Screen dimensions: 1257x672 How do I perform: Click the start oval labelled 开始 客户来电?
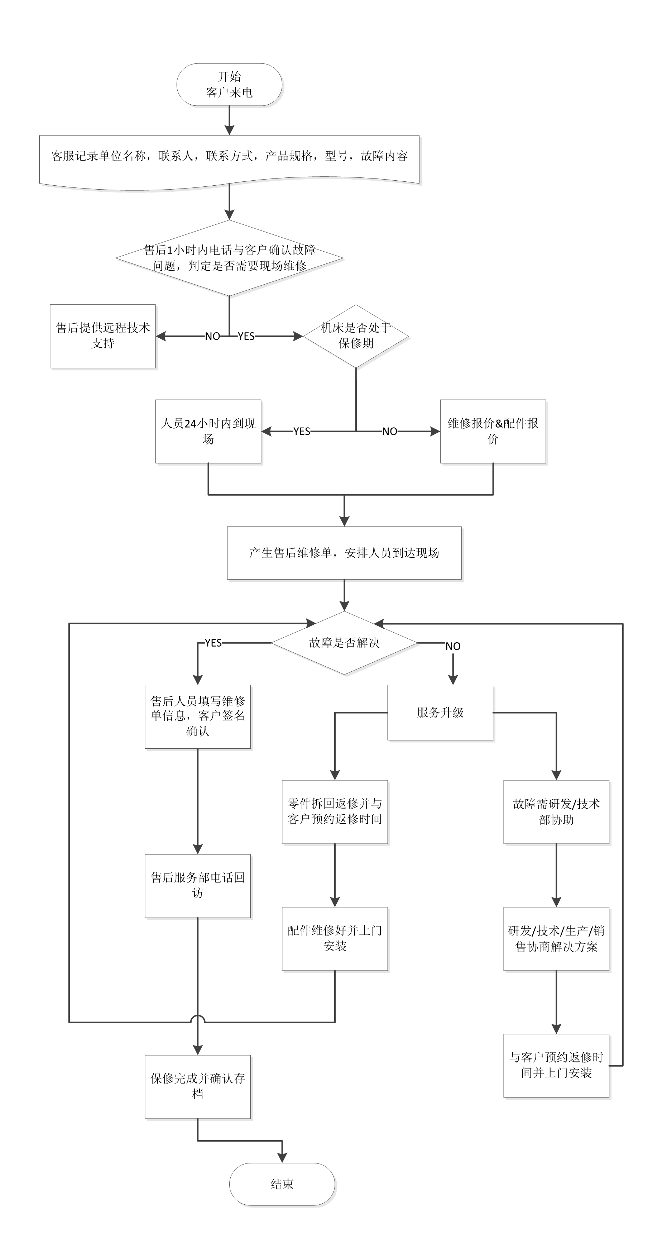tap(229, 85)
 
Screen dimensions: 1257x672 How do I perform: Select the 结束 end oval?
tap(282, 1184)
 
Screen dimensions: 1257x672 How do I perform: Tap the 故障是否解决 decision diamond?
tap(344, 643)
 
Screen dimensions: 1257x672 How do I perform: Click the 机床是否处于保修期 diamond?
tap(356, 336)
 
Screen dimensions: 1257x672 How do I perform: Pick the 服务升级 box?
tap(440, 713)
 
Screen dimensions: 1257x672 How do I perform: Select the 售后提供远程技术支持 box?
tap(103, 336)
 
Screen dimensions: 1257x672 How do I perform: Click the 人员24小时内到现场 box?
tap(208, 431)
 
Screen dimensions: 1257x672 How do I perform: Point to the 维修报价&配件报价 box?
tap(493, 431)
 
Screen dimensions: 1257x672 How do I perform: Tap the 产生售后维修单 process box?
tap(344, 553)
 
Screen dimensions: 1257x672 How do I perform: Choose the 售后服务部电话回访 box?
tap(197, 885)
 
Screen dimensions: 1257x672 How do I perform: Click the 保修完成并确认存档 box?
tap(197, 1087)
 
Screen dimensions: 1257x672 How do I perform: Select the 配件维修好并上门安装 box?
tap(335, 938)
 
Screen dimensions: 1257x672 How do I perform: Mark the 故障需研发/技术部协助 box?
tap(556, 811)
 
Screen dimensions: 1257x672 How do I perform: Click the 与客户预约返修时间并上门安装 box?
tap(556, 1065)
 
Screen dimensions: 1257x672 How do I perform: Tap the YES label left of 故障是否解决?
tap(213, 643)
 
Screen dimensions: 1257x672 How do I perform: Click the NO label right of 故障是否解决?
tap(453, 646)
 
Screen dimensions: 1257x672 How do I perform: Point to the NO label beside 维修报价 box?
tap(390, 431)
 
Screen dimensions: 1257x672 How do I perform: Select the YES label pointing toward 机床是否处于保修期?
tap(246, 336)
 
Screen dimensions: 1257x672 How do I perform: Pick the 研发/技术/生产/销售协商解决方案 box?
tap(556, 938)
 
